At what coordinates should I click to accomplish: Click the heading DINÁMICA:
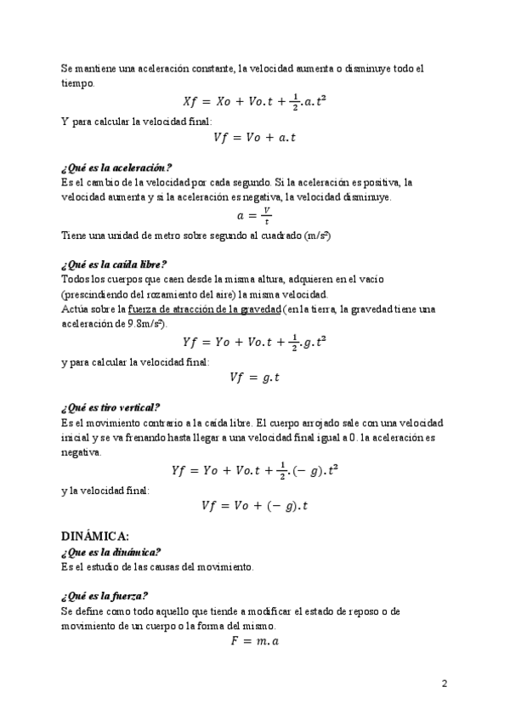coord(95,536)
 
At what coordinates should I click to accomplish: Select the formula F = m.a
coord(255,642)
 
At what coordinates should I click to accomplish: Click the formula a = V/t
coord(255,216)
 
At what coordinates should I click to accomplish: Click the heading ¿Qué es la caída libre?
coord(114,264)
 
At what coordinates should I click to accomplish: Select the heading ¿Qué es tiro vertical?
coord(110,407)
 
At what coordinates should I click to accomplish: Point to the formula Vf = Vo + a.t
coord(255,137)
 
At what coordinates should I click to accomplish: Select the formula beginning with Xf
coord(255,101)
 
